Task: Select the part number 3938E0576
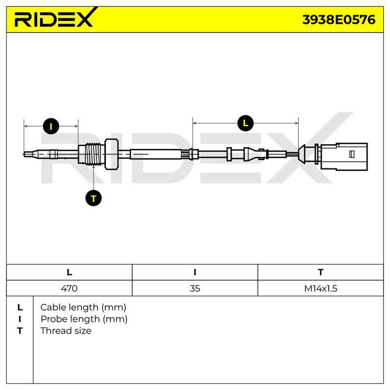339,20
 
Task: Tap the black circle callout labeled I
51,126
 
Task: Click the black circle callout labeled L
245,123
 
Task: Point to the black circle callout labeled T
94,198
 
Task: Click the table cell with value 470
69,288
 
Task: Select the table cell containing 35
195,288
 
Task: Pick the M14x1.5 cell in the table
321,288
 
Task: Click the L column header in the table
69,273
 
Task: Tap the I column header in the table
195,273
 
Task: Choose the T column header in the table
321,273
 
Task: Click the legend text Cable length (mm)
83,308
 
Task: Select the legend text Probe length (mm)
84,319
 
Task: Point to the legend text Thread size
66,331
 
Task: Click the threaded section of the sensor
94,155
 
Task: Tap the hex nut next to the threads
112,155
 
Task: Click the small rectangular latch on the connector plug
351,154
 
